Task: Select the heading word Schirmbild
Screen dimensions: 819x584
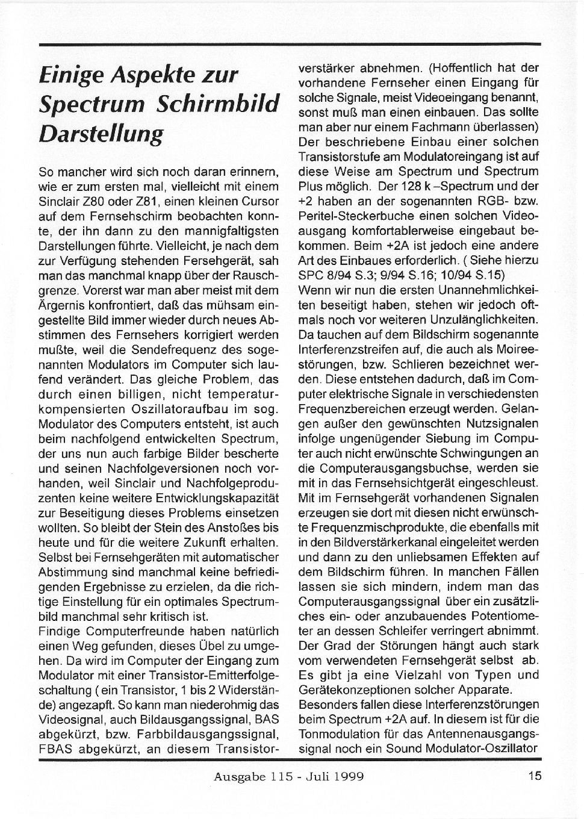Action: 218,104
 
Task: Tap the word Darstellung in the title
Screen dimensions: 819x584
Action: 101,134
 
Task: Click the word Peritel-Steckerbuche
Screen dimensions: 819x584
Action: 351,216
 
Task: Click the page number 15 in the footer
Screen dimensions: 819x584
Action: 535,776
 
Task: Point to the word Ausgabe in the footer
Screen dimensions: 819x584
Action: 239,776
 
